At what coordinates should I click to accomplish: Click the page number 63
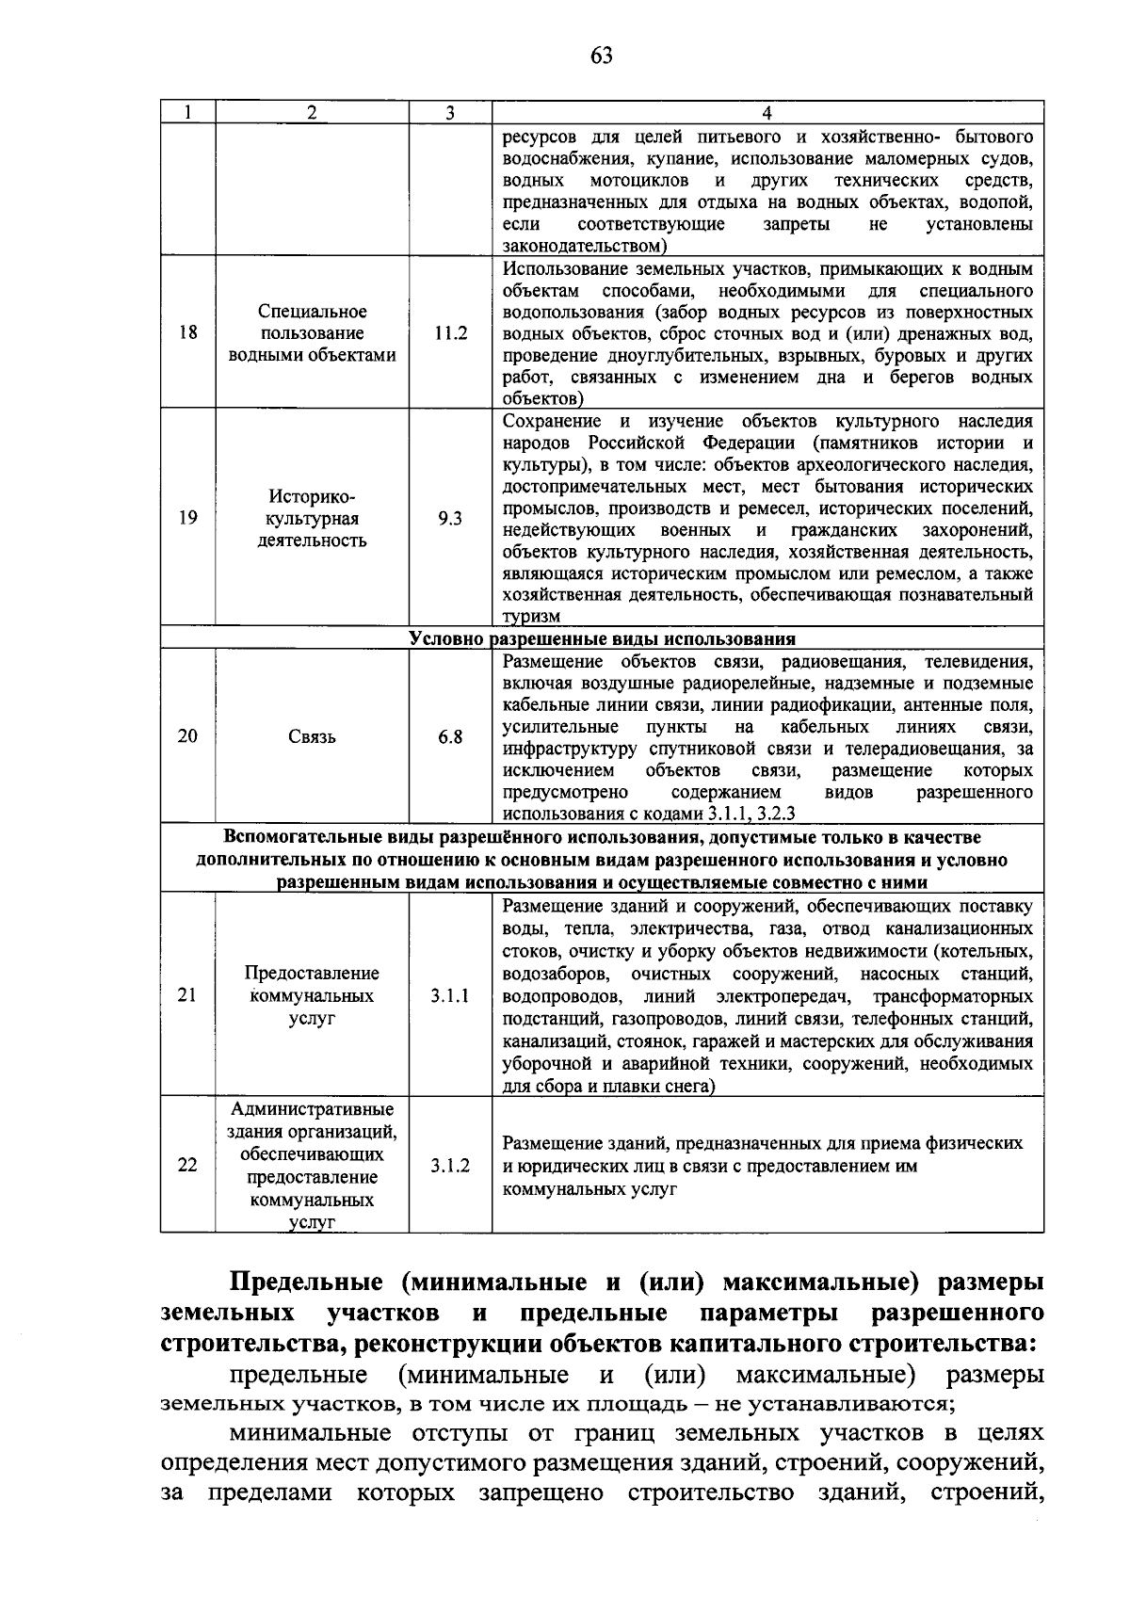tap(602, 56)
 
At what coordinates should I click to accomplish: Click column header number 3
tap(450, 113)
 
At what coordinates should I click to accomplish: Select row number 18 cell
tap(187, 332)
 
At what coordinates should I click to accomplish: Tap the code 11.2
tap(450, 333)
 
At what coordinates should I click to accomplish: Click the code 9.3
tap(450, 519)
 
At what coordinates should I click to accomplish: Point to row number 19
tap(187, 518)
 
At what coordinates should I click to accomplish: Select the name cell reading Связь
tap(312, 737)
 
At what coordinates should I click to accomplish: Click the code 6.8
tap(450, 737)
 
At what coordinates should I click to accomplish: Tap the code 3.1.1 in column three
tap(450, 996)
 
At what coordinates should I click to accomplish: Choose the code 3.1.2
tap(450, 1166)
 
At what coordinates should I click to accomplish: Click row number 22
tap(187, 1166)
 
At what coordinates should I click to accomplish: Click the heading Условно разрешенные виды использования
tap(602, 639)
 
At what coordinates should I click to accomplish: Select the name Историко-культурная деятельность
tap(312, 519)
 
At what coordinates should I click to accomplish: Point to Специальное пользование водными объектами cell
tap(312, 333)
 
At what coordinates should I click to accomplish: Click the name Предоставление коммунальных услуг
tap(312, 996)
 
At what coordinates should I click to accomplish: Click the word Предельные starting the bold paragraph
tap(306, 1283)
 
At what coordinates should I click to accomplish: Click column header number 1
tap(187, 113)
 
